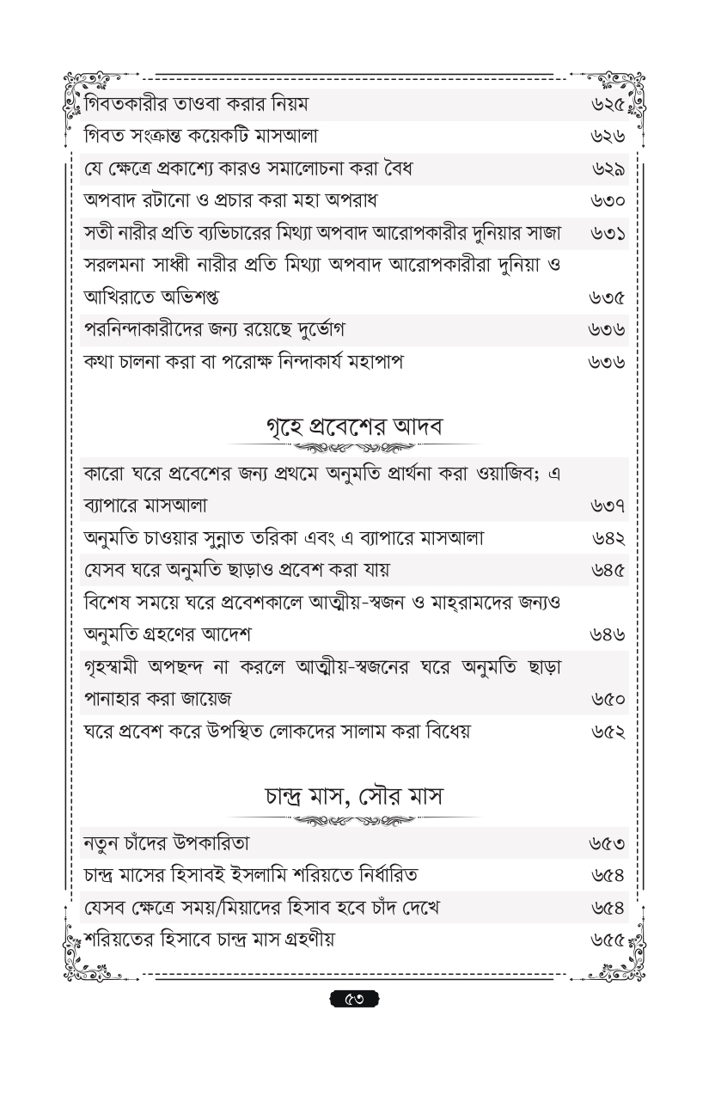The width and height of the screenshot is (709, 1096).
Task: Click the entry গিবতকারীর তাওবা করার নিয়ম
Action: point(197,106)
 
